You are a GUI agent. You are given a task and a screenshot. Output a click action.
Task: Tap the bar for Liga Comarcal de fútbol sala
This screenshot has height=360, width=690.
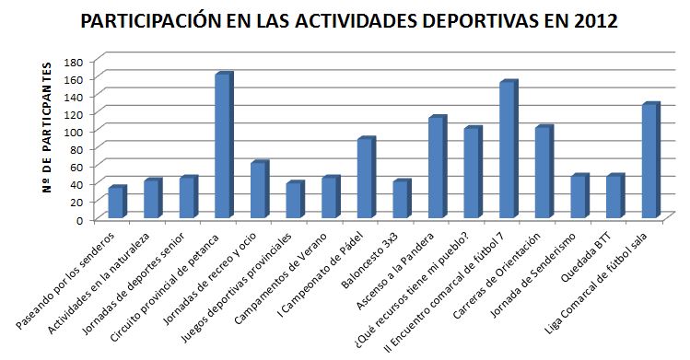coord(649,161)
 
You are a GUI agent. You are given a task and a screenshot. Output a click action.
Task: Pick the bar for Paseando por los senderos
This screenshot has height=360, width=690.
coord(115,203)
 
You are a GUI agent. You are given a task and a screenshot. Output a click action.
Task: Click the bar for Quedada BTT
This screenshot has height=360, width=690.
coord(614,197)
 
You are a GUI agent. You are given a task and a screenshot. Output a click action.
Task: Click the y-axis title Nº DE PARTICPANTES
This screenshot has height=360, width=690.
coord(45,140)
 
